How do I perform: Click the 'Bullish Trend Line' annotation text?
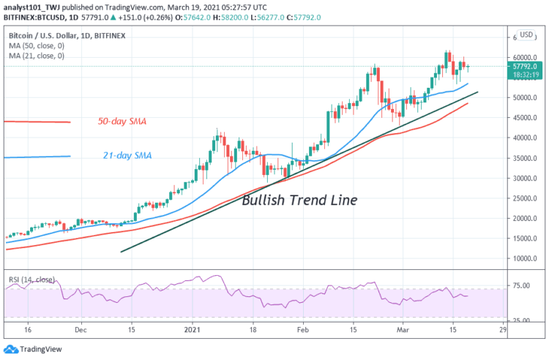[299, 200]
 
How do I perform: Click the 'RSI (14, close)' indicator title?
[31, 279]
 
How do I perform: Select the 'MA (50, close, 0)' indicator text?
[38, 45]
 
